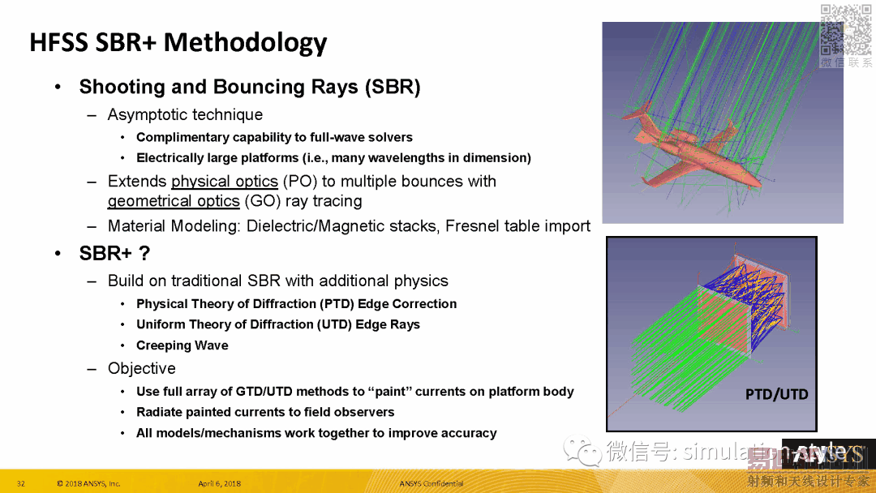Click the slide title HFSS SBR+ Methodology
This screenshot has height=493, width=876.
tap(178, 42)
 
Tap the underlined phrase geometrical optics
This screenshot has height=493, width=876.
tap(174, 201)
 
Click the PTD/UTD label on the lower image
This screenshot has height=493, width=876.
tap(776, 394)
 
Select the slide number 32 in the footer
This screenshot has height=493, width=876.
tap(21, 484)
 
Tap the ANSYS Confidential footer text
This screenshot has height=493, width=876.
tap(432, 484)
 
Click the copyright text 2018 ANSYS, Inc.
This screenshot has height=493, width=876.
tap(89, 484)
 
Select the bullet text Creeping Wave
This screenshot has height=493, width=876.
tap(182, 345)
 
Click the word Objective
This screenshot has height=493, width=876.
tap(141, 368)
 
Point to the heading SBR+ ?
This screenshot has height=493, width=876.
tap(114, 254)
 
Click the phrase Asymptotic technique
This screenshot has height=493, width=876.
tap(185, 115)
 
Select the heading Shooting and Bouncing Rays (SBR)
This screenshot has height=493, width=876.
tap(249, 87)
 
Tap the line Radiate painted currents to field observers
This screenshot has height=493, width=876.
tap(265, 412)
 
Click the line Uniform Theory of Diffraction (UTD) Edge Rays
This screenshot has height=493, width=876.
tap(277, 324)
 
